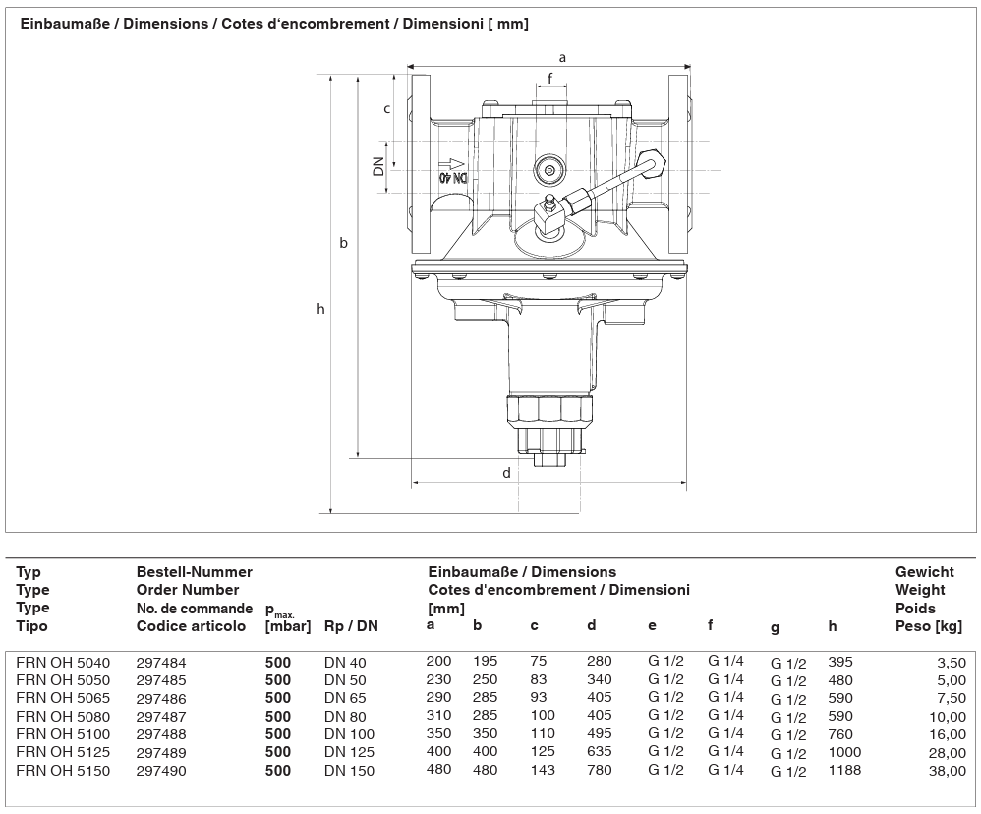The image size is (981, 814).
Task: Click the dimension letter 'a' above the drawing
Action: click(x=562, y=58)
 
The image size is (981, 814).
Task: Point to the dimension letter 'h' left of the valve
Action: click(x=321, y=309)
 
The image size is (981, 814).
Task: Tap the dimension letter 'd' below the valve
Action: click(x=507, y=473)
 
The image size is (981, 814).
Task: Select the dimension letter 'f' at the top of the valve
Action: click(x=550, y=79)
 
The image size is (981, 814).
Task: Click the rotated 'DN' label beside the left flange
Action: click(x=378, y=167)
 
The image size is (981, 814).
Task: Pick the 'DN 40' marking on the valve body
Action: click(x=453, y=178)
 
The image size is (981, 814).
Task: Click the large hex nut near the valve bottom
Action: click(x=548, y=411)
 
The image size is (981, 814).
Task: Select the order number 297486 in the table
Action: click(x=161, y=698)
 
